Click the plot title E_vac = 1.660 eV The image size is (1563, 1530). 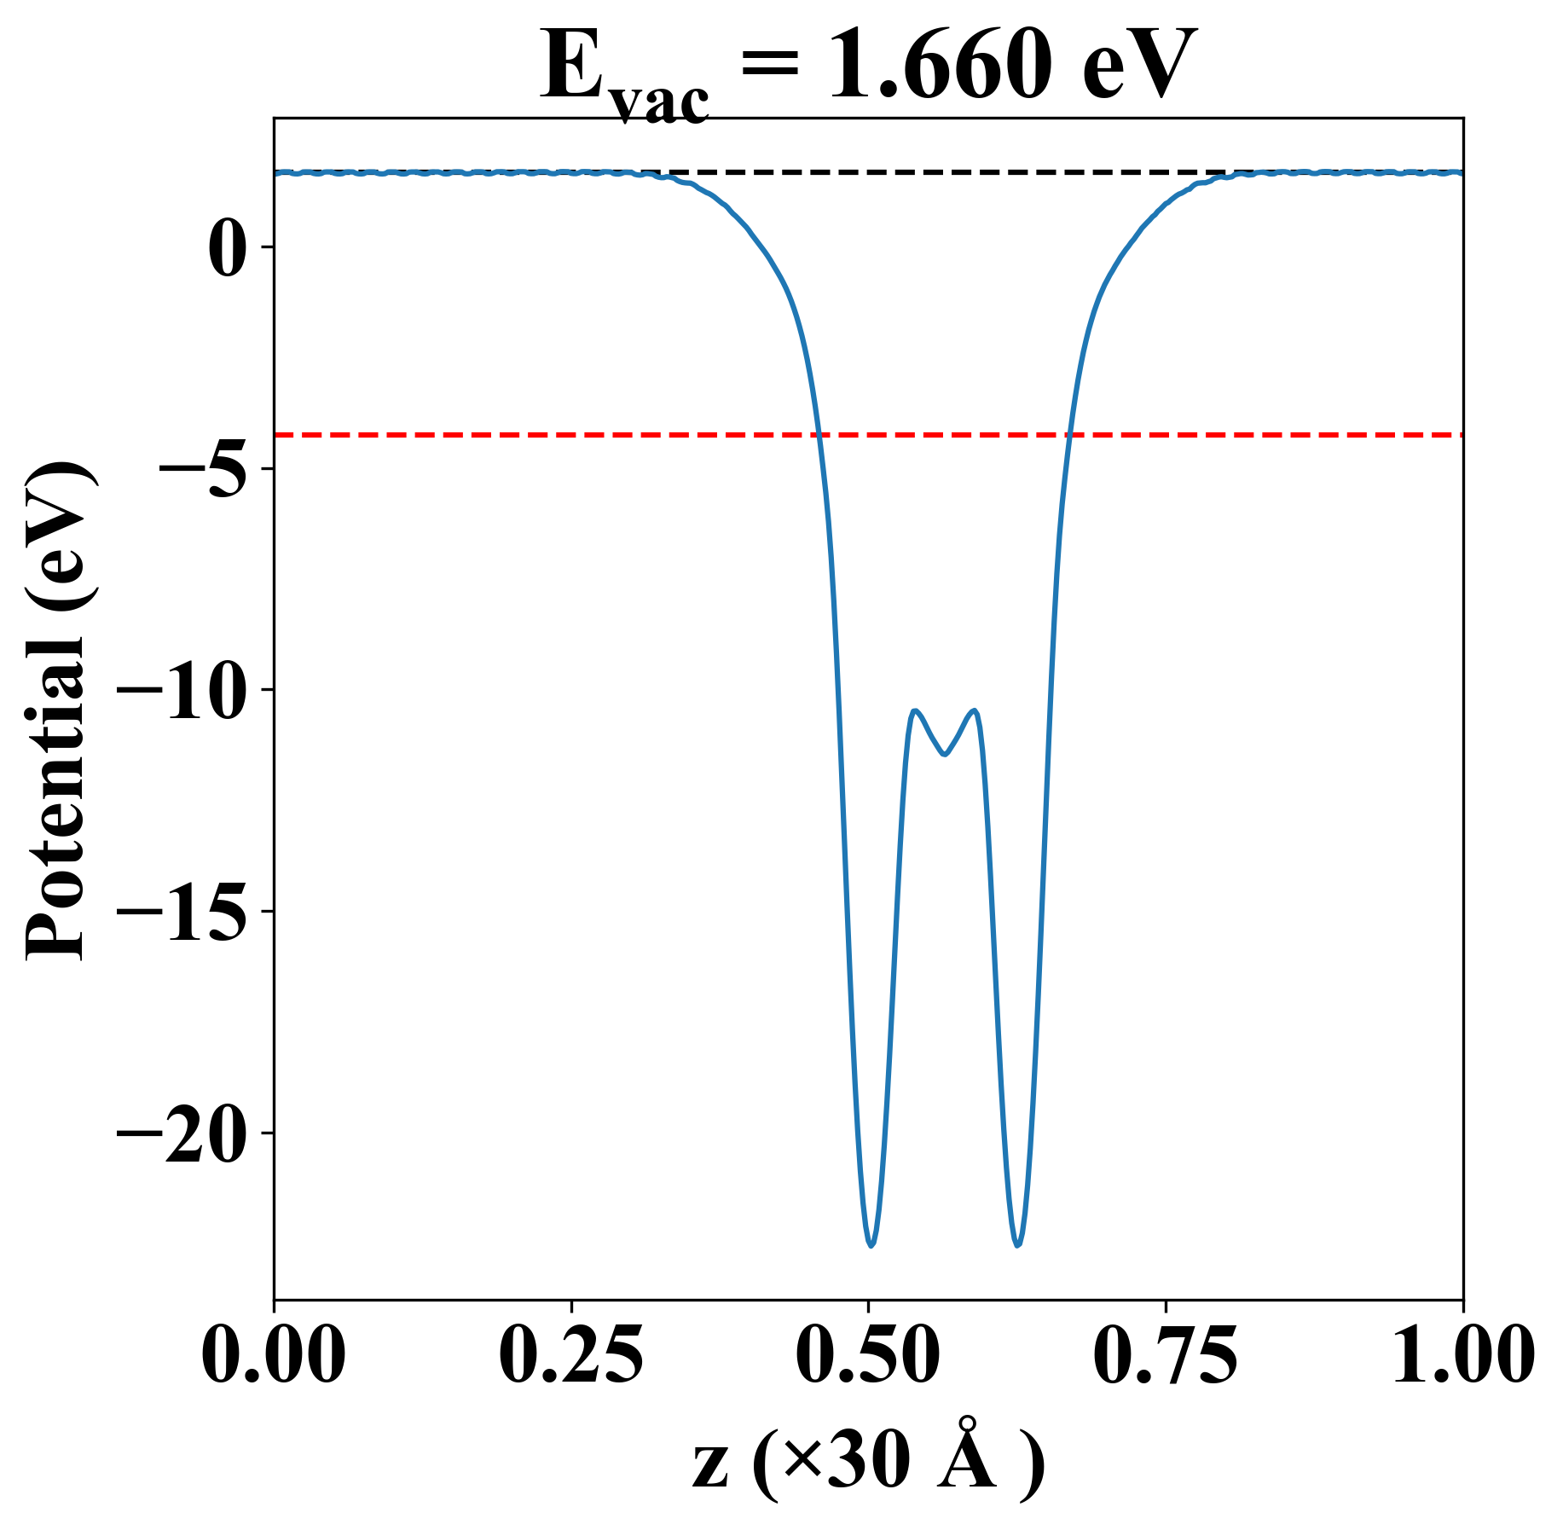[868, 68]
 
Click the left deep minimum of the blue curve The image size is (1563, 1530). [871, 1245]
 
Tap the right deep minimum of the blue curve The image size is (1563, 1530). [1017, 1245]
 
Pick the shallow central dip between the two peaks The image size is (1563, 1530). [944, 754]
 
